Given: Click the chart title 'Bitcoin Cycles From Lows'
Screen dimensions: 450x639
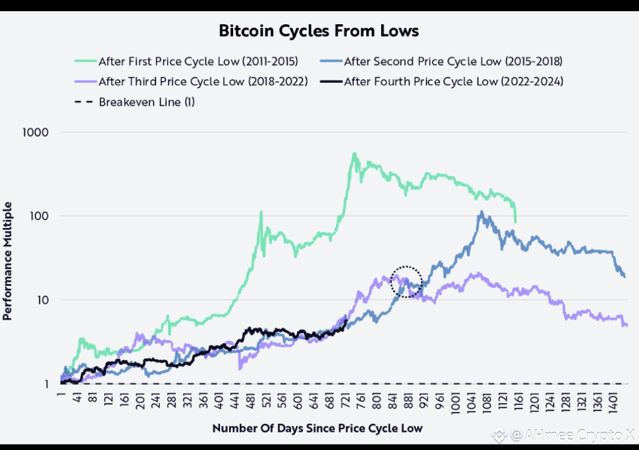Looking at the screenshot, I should (x=319, y=31).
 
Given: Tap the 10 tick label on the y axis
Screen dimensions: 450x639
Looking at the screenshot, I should (x=43, y=300).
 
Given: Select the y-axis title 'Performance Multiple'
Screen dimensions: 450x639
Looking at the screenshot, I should (x=8, y=261).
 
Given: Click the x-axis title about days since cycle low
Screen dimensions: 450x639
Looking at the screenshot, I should (x=318, y=427).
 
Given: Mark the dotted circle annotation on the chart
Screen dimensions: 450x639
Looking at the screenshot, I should (x=406, y=282).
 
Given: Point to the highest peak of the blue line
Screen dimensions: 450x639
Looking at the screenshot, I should (x=482, y=212).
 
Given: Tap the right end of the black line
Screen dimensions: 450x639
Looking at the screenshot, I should (x=347, y=320).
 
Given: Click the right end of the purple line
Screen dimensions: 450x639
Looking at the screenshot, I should (x=627, y=325).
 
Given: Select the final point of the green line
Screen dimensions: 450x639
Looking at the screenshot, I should (x=515, y=222).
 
